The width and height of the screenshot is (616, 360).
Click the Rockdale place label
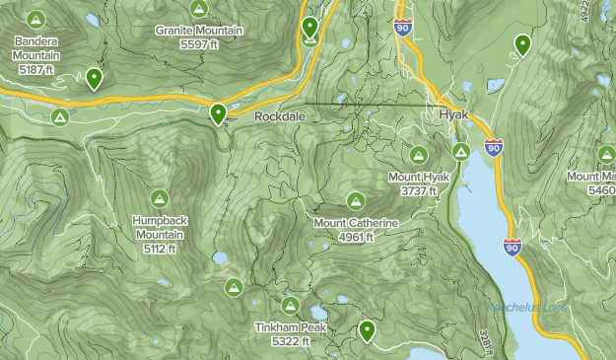coord(280,116)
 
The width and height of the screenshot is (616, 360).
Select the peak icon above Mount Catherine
coord(356,201)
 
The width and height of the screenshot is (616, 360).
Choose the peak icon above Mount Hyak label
coord(418,156)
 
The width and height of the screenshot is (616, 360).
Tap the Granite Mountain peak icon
coord(199,10)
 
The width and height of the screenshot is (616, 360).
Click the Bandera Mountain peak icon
coord(36,20)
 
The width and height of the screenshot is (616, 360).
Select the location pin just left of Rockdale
coord(218,113)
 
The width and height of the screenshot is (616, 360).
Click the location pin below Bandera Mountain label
coord(94,77)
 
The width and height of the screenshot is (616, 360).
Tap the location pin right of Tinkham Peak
coord(368,330)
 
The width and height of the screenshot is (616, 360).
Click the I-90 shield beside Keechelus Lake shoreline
coord(511,247)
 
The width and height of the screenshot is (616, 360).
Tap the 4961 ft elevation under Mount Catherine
coord(356,237)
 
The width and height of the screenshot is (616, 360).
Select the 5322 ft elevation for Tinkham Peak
coord(291,341)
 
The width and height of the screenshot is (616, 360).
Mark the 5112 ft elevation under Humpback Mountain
coord(158,249)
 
